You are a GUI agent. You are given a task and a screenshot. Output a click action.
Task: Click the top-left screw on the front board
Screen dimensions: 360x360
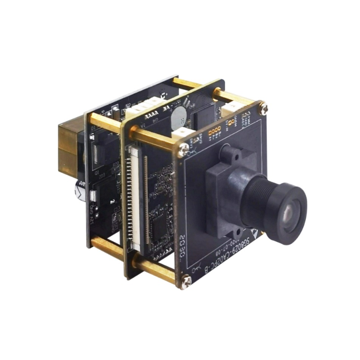pyautogui.click(x=183, y=150)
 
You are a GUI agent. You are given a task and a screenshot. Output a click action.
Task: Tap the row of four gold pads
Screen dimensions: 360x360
pyautogui.click(x=214, y=131)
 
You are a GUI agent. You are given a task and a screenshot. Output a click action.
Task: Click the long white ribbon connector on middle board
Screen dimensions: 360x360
pyautogui.click(x=133, y=197)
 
